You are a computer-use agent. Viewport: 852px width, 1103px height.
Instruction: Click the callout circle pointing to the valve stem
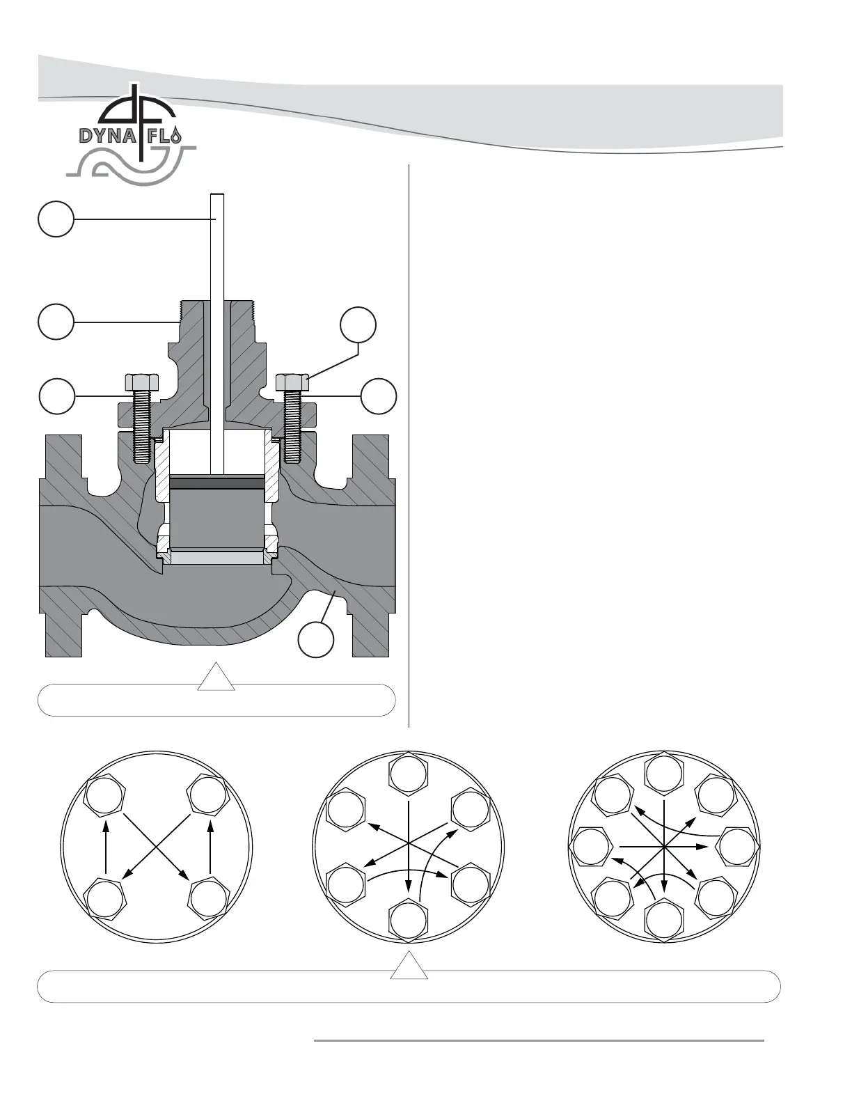(x=56, y=219)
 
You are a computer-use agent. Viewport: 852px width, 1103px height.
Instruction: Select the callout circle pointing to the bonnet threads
(x=56, y=321)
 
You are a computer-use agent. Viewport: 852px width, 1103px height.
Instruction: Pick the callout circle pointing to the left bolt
(x=56, y=396)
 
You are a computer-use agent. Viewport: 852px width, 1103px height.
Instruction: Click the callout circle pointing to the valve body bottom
(x=316, y=639)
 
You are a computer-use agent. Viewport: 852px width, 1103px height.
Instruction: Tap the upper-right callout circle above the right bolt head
(x=358, y=325)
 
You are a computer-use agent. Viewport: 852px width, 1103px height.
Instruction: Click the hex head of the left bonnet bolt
(x=142, y=382)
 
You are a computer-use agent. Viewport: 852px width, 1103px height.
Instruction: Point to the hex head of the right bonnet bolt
(x=292, y=382)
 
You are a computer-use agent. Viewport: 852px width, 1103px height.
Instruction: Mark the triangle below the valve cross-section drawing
(x=216, y=678)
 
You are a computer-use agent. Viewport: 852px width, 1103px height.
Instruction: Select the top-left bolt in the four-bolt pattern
(x=104, y=794)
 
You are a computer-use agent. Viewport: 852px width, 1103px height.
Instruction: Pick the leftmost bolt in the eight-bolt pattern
(x=590, y=845)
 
